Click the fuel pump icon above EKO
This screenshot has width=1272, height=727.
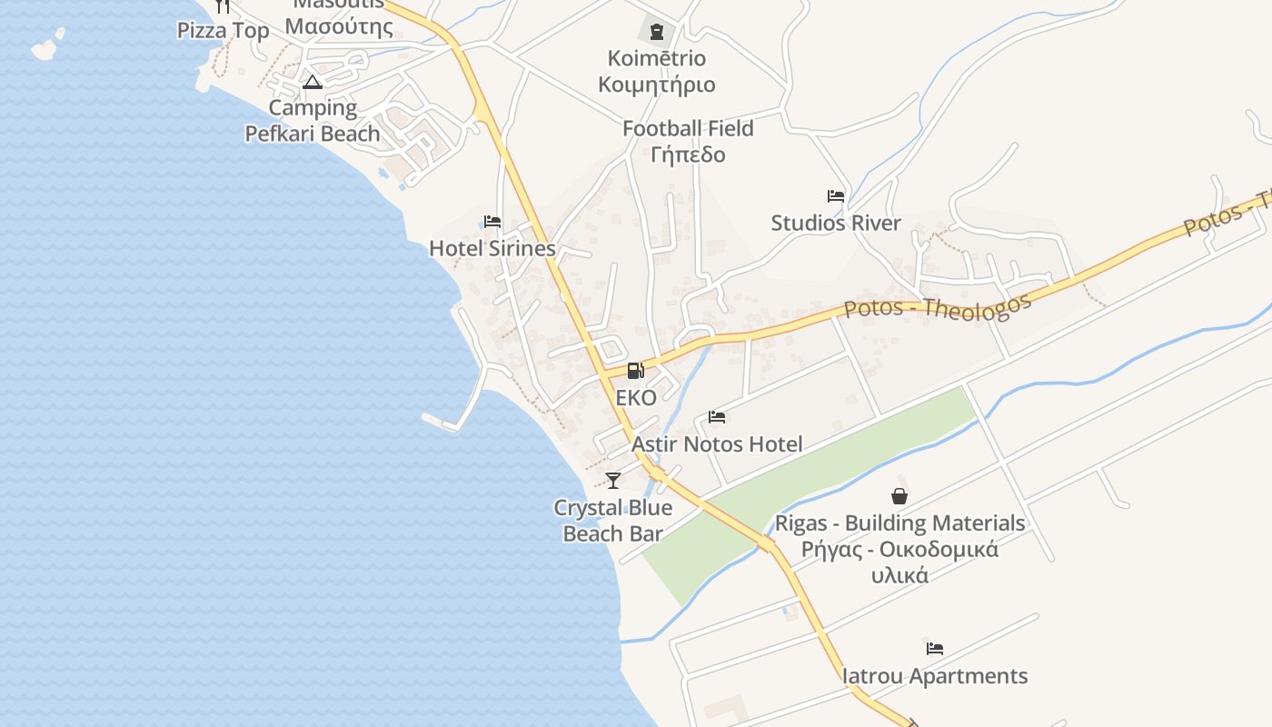(x=635, y=371)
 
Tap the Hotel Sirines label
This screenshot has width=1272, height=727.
(x=492, y=248)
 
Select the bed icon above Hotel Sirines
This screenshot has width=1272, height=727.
(x=492, y=222)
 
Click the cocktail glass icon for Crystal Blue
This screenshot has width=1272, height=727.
(x=613, y=480)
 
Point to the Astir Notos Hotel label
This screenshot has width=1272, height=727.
(x=717, y=444)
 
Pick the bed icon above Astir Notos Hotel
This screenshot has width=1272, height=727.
(x=717, y=417)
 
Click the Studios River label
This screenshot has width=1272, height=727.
(x=836, y=223)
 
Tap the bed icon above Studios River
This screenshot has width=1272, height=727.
(x=836, y=196)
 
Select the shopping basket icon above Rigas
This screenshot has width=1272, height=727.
(x=899, y=496)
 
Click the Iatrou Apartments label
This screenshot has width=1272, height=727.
(x=935, y=676)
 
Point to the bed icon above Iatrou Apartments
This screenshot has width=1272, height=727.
(x=935, y=649)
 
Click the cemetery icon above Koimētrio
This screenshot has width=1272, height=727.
(x=657, y=33)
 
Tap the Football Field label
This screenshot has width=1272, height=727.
(x=688, y=129)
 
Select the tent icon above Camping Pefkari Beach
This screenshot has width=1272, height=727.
(x=313, y=83)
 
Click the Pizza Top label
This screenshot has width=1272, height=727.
(x=223, y=31)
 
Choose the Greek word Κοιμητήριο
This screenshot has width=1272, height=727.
(x=657, y=85)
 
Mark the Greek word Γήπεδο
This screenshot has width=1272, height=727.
(x=688, y=154)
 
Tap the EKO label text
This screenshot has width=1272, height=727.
(x=635, y=398)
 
